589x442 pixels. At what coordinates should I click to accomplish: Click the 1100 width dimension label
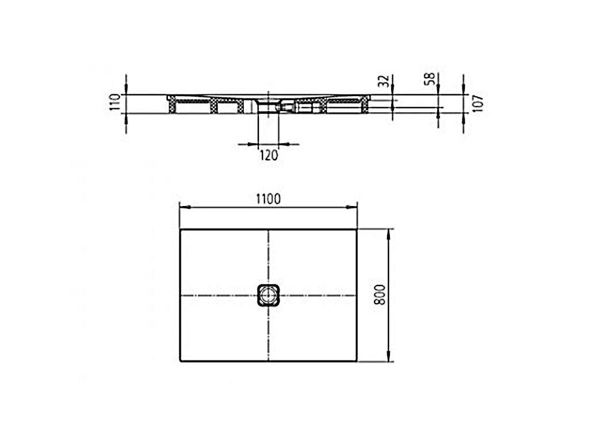tap(268, 199)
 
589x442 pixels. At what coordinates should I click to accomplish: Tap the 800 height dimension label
tap(380, 295)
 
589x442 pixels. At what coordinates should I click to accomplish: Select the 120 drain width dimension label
tap(269, 154)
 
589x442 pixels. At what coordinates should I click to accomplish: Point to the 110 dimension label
tap(114, 102)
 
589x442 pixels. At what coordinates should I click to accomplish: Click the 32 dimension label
tap(384, 81)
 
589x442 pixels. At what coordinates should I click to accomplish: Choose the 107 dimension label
tap(477, 102)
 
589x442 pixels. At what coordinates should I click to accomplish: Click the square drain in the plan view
tap(269, 295)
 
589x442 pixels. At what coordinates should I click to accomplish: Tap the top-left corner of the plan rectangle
tap(180, 229)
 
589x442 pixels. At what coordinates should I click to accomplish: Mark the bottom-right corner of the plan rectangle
tap(357, 361)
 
